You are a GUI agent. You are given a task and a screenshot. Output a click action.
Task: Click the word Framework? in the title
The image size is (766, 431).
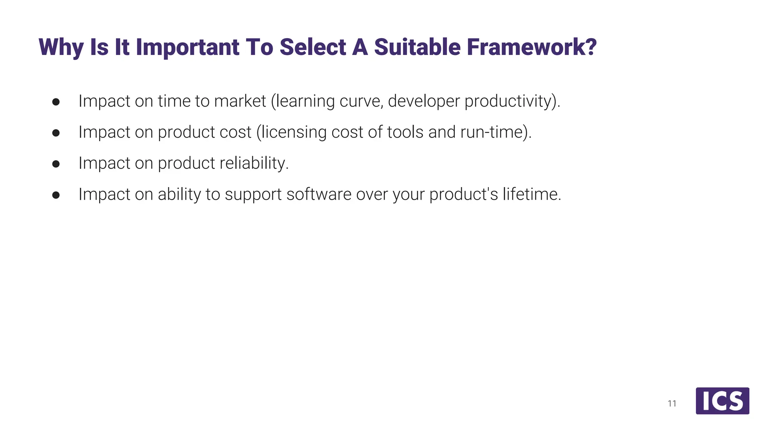coord(531,48)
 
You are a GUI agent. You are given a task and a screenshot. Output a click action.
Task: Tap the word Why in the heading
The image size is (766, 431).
coord(61,48)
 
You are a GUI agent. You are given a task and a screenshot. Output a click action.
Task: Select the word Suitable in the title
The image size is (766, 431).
coord(417,48)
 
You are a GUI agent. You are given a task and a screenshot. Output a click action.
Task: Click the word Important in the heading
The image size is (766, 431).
coord(187,48)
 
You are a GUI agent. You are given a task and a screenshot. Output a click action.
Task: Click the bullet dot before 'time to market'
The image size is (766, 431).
coord(56,102)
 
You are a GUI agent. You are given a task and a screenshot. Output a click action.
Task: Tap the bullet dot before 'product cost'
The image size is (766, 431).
coord(56,133)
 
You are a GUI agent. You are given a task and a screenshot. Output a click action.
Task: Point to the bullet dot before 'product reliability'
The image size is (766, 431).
coord(56,164)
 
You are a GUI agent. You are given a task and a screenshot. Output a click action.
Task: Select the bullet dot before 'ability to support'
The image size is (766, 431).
coord(56,195)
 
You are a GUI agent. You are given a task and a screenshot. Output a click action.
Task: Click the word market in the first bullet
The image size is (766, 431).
coord(240,101)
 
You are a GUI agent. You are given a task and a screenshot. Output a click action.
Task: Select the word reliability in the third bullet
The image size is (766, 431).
coord(254,163)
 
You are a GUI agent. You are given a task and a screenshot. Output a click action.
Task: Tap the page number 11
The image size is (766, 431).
coord(672,403)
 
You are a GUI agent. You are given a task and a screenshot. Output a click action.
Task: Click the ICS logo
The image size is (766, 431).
coord(722,401)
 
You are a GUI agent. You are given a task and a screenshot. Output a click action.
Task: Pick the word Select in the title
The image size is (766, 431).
coord(313,48)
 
